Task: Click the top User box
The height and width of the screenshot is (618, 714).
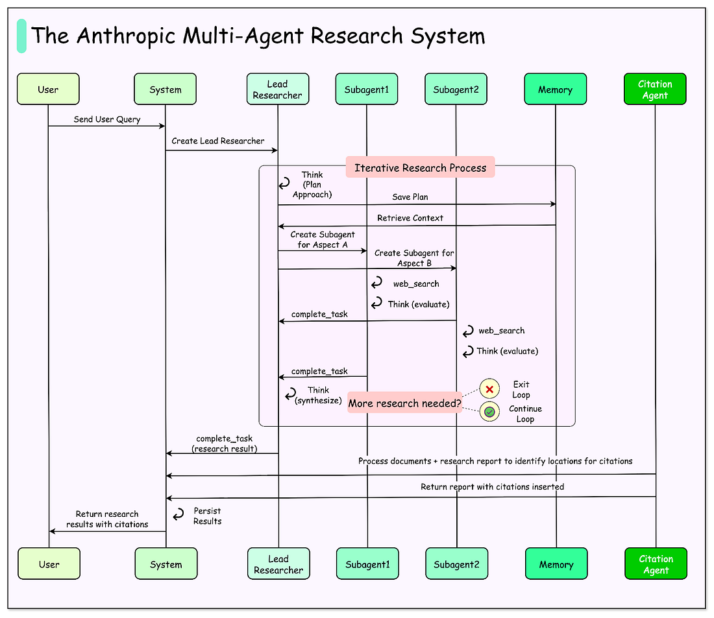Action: point(48,89)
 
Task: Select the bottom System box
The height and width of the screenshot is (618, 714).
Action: point(166,564)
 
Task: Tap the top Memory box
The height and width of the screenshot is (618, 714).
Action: point(555,89)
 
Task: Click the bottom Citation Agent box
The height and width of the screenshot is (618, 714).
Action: point(656,564)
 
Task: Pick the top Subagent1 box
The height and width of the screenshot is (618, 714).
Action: point(367,89)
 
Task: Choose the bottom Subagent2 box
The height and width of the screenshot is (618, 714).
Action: point(457,564)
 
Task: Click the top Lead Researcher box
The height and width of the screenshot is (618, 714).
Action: point(278,89)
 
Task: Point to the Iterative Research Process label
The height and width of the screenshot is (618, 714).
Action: point(420,167)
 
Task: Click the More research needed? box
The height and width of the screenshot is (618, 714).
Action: point(404,403)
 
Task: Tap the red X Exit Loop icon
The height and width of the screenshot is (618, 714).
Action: point(489,389)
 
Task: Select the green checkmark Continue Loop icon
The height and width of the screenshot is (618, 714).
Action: point(489,412)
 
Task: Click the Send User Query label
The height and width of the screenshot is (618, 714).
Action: point(106,119)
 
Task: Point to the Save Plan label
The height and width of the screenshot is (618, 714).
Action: point(410,196)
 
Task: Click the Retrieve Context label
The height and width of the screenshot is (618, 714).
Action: point(410,218)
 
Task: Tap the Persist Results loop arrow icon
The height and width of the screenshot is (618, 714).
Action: point(177,516)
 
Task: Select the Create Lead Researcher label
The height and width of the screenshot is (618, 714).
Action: point(218,141)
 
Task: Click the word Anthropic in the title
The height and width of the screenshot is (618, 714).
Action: point(131,35)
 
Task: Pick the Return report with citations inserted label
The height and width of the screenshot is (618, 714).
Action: point(492,486)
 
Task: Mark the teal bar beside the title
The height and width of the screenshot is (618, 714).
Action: point(21,36)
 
